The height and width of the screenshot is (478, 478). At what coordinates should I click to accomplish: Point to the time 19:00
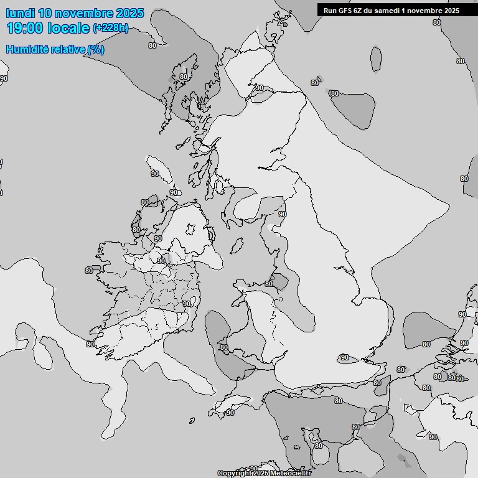(25, 27)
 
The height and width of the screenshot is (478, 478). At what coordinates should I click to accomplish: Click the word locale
(68, 27)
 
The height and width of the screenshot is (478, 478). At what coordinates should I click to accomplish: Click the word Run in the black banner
(330, 10)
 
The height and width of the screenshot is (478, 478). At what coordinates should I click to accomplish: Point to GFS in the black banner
(346, 10)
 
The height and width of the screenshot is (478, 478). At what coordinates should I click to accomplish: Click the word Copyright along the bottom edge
(237, 473)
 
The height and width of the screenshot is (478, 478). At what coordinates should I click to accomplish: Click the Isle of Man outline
(236, 246)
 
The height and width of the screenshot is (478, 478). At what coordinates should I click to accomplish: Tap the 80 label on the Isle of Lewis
(183, 77)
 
